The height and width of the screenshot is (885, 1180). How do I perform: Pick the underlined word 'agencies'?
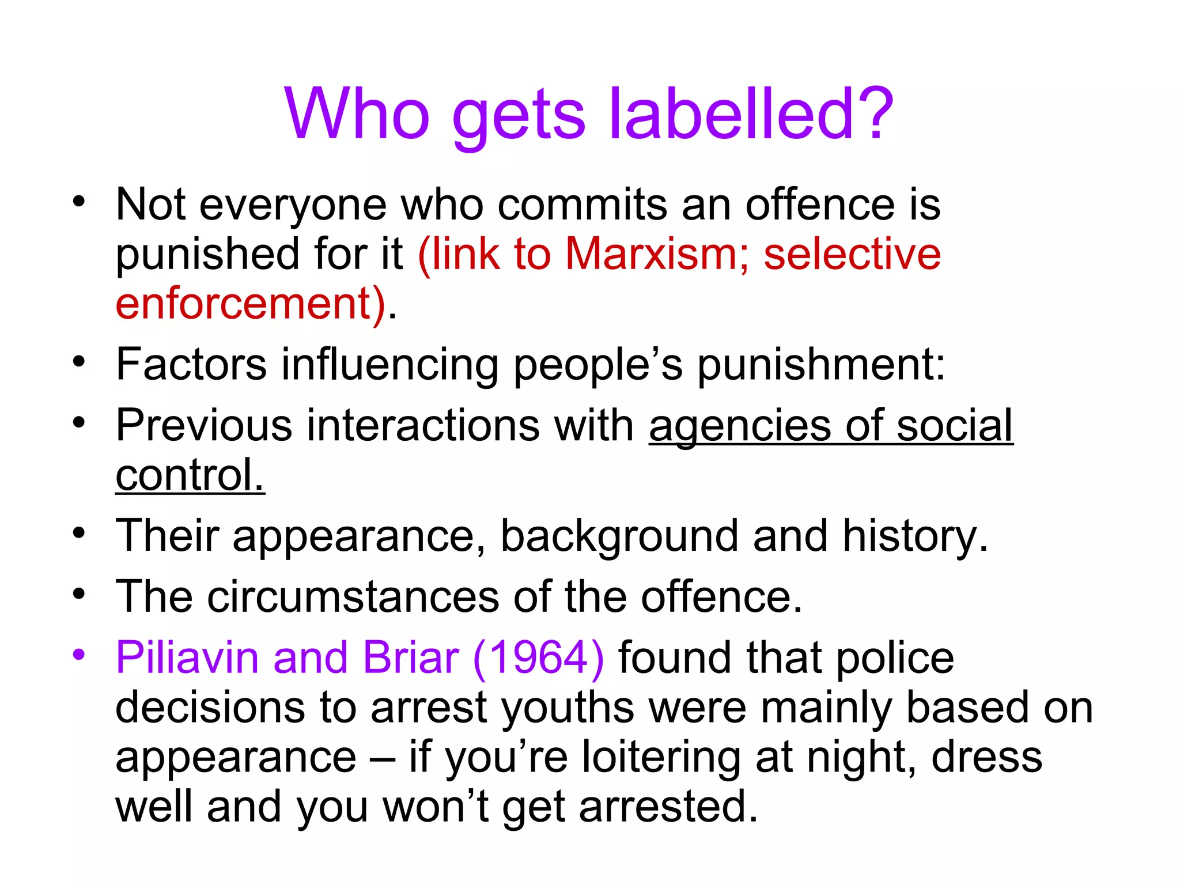pyautogui.click(x=740, y=426)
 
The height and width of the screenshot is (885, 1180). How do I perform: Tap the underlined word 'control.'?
pyautogui.click(x=190, y=475)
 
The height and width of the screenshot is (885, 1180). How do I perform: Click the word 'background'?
pyautogui.click(x=619, y=536)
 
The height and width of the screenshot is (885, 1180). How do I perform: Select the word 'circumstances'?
pyautogui.click(x=353, y=596)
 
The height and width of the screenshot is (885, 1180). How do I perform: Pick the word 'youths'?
pyautogui.click(x=568, y=708)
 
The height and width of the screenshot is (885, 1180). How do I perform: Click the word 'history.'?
pyautogui.click(x=916, y=536)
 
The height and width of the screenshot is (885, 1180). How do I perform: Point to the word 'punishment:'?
pyautogui.click(x=822, y=364)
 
